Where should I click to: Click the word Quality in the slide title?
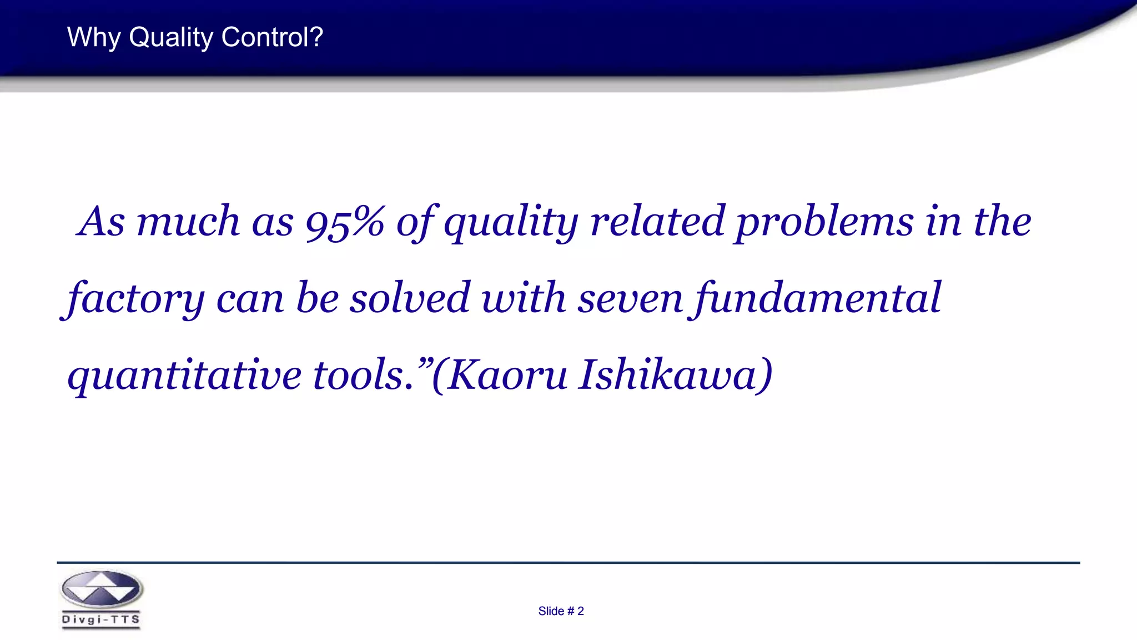tap(171, 38)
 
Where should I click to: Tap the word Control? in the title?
tap(271, 38)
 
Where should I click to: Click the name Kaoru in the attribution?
tap(506, 376)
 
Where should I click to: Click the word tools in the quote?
tap(361, 376)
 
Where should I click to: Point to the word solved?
tap(410, 299)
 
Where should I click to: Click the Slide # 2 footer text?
tap(561, 611)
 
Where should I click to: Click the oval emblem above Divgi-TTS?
tap(101, 589)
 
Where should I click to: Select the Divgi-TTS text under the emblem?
tap(101, 619)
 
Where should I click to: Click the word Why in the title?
tap(93, 38)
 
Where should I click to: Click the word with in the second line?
tap(523, 299)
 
